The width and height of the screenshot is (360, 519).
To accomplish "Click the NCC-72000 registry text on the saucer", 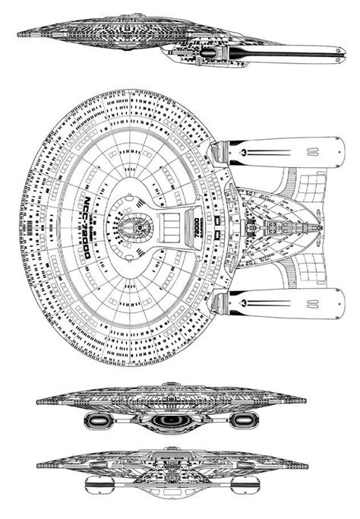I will coord(85,228).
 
